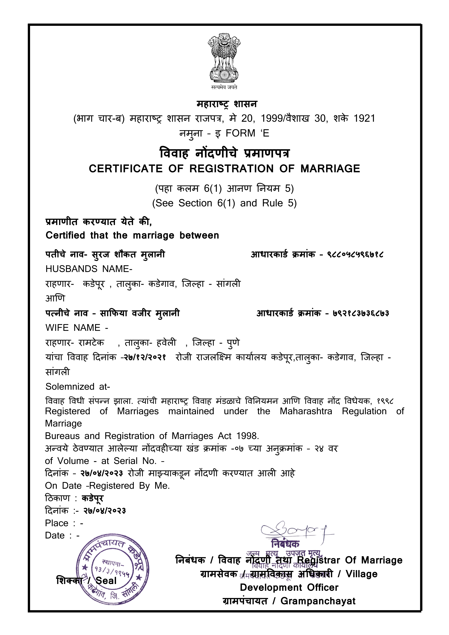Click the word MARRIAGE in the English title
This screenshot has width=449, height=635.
coord(330,169)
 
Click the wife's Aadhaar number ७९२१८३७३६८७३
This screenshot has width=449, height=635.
coord(361,313)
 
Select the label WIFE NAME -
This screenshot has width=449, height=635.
coord(77,328)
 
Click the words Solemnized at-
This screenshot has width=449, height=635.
coord(78,387)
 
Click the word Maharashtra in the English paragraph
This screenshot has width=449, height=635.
coord(306,411)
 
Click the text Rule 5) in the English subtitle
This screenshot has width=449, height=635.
coord(279,203)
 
